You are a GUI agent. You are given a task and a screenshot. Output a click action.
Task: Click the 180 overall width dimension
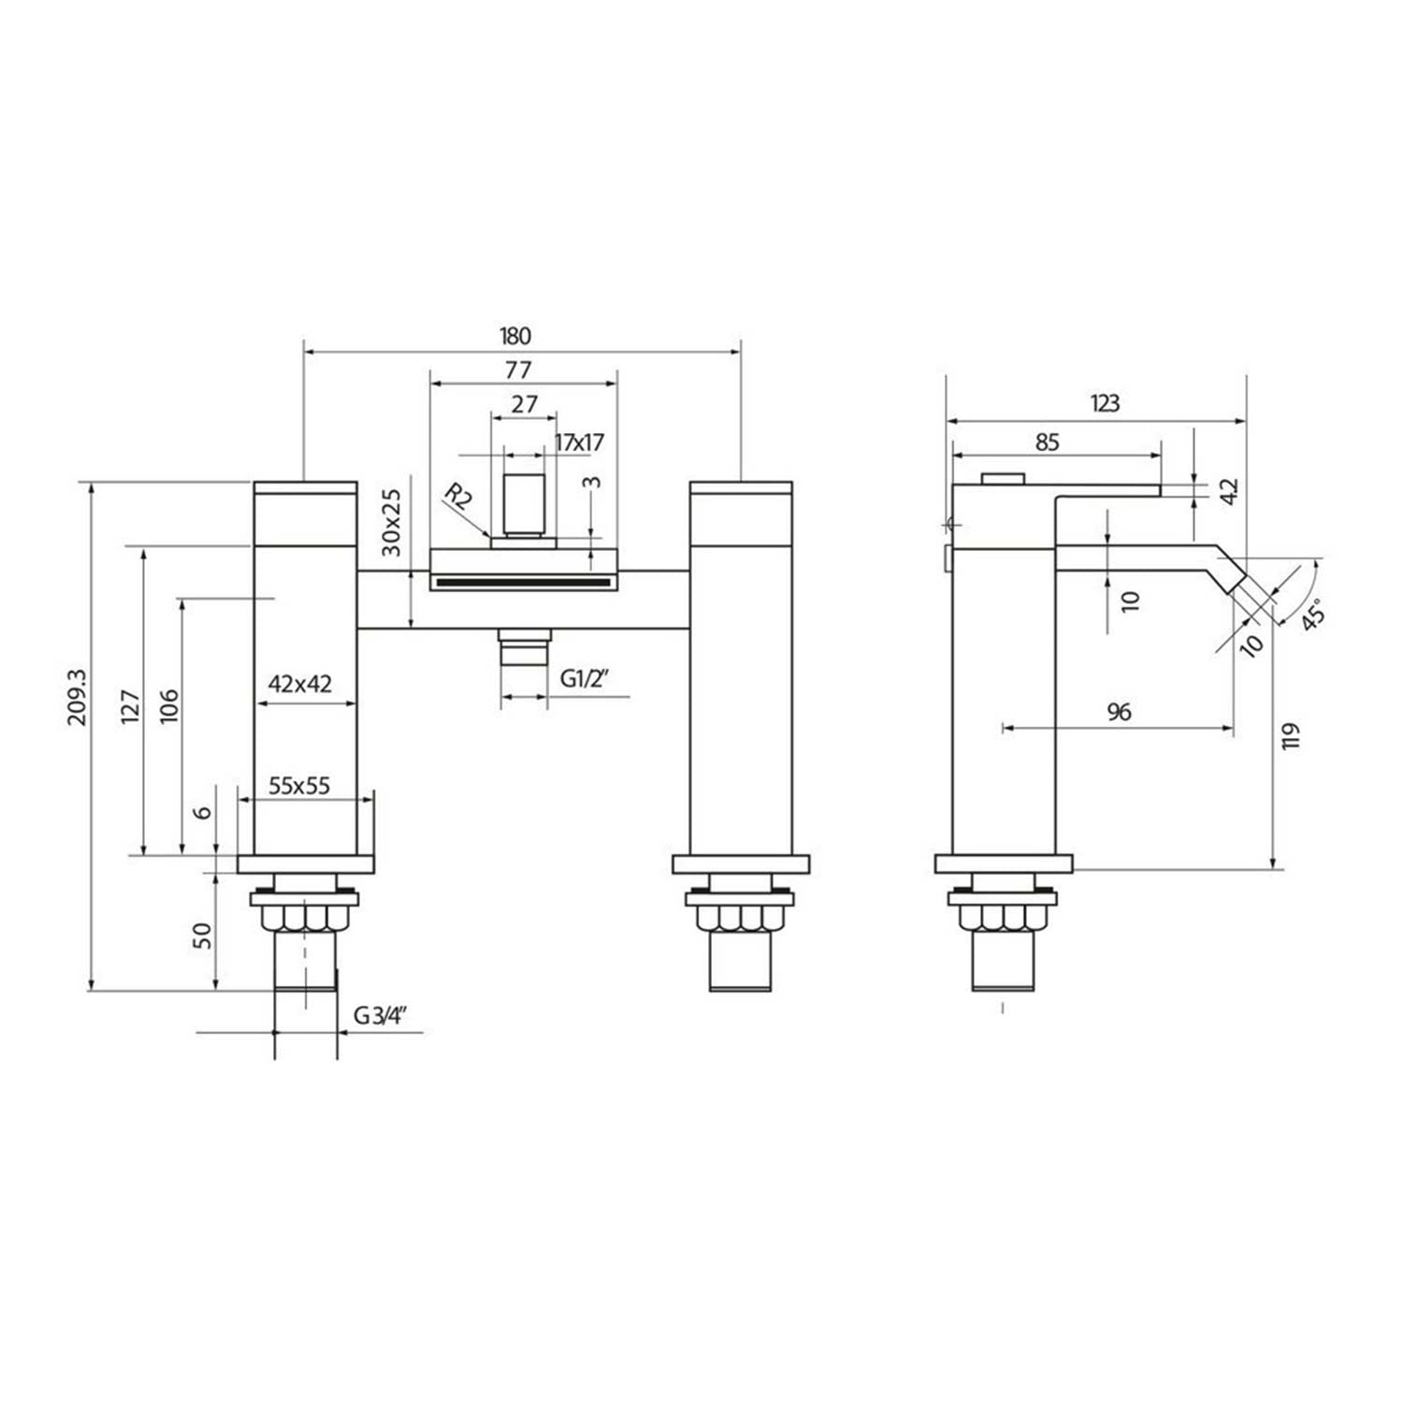515,336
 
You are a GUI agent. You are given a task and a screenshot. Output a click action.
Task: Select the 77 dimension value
518,369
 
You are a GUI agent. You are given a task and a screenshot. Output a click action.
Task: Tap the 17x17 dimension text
580,442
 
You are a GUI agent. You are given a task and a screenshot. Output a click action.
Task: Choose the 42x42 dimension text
300,684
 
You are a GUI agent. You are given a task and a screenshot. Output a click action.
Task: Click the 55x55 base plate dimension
299,785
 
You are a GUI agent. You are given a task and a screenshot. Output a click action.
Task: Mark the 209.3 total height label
77,696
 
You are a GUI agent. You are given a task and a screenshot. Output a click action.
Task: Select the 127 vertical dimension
130,705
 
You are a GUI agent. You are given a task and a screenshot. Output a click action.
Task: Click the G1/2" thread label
585,679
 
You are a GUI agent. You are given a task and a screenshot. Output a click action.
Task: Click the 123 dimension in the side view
1105,404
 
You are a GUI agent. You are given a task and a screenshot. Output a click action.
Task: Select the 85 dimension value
1048,441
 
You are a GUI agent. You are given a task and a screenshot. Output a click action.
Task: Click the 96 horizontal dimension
1119,712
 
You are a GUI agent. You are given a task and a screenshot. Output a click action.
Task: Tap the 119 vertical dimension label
1292,736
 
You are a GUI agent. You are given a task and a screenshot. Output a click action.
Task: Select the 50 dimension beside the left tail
201,935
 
